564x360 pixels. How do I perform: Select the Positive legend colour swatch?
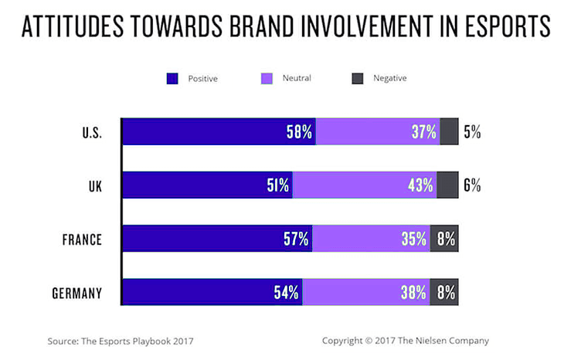[x=172, y=78]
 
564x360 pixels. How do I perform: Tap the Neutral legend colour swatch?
[x=265, y=78]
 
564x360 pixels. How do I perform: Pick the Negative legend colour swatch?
[x=358, y=78]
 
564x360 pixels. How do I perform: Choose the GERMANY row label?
[x=78, y=293]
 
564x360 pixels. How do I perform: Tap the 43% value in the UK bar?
[x=421, y=185]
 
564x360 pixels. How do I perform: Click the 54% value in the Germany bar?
[x=287, y=293]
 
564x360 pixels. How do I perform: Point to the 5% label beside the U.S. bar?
[x=472, y=132]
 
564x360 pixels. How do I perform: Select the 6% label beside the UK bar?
[x=472, y=185]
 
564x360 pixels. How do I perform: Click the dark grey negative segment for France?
[x=444, y=239]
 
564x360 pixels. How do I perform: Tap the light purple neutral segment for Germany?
[x=363, y=293]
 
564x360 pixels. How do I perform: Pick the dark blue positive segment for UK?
[x=201, y=185]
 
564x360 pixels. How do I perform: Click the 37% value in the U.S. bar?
[x=424, y=132]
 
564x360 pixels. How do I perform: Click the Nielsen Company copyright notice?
[x=405, y=340]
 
